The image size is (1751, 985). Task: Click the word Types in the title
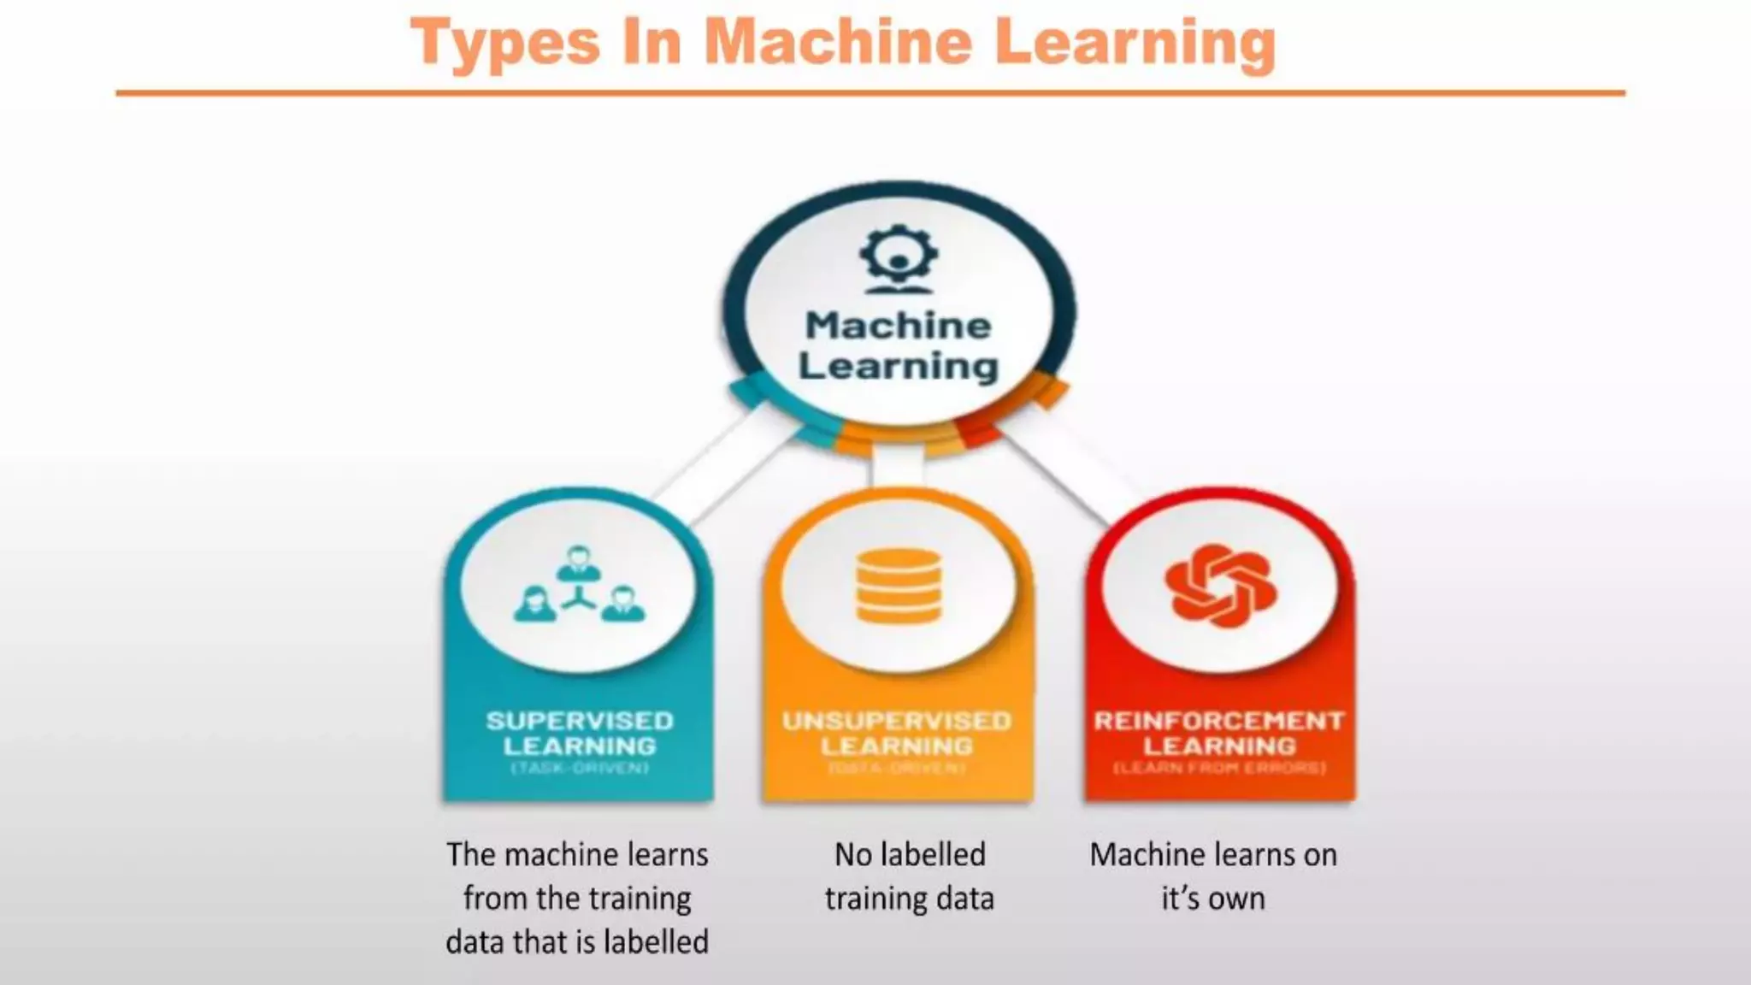(505, 43)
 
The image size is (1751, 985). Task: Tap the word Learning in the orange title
(1135, 43)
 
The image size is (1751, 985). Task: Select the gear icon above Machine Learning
(899, 257)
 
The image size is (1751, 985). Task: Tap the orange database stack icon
(899, 586)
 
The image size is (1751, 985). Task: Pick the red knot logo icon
(1220, 586)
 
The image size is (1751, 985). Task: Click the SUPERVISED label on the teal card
(580, 721)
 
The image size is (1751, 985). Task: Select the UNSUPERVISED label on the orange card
(897, 721)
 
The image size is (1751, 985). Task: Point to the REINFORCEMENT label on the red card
(1219, 721)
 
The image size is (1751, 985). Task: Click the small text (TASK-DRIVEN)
(580, 768)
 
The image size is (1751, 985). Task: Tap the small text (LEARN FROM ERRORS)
(1219, 768)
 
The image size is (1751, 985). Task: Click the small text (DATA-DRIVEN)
(897, 768)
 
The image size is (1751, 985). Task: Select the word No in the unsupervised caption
(852, 854)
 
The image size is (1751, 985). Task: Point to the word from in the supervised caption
(493, 899)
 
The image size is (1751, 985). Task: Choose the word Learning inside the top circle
(898, 366)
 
